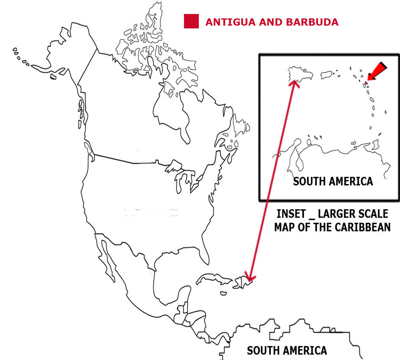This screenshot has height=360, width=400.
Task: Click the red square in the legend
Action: [191, 21]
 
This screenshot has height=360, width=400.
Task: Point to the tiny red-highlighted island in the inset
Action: [365, 84]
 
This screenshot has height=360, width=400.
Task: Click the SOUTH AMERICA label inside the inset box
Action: [333, 181]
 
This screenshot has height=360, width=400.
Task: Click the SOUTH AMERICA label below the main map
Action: [287, 351]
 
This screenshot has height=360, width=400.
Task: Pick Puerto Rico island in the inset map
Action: [327, 74]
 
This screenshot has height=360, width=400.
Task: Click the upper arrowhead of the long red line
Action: [295, 83]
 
